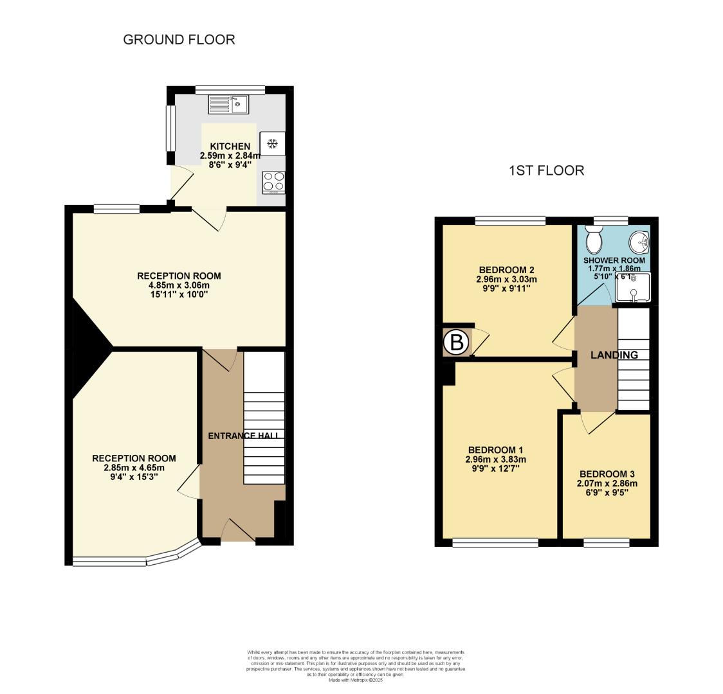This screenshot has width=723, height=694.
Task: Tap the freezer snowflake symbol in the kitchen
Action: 272,143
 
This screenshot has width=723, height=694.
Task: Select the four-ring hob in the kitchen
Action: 273,182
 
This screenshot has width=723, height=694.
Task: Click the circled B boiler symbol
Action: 456,343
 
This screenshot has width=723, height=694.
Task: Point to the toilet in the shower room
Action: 593,241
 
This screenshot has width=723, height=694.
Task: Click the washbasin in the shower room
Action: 640,242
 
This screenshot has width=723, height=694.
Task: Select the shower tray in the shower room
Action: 633,287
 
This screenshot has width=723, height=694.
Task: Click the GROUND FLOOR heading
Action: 179,40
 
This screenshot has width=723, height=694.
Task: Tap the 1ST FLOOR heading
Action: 546,170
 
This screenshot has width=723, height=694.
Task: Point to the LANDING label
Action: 614,355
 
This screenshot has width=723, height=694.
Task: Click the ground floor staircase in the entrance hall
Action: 264,418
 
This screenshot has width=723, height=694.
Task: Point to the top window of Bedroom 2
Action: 511,221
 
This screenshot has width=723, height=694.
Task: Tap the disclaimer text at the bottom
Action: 356,666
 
